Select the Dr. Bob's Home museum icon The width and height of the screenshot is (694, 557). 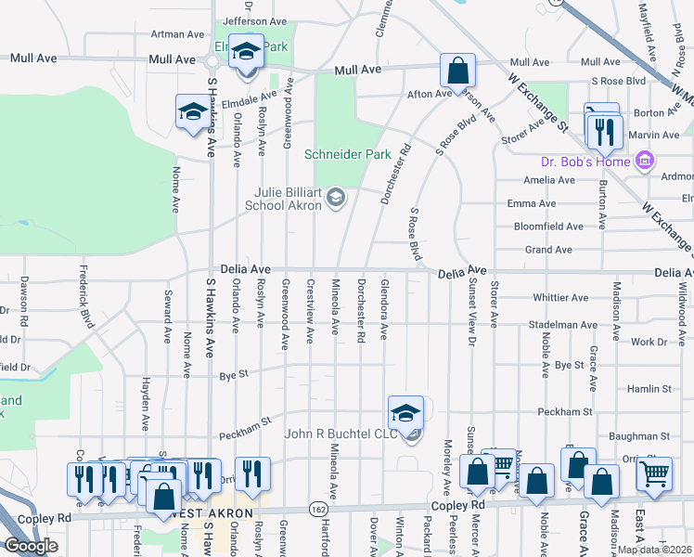[645, 162]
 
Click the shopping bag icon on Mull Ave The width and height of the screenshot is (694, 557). [457, 70]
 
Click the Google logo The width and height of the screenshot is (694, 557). [32, 545]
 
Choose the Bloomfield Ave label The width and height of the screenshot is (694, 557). [549, 227]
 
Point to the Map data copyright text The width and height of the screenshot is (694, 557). [656, 550]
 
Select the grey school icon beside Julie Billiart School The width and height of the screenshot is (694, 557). [336, 197]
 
